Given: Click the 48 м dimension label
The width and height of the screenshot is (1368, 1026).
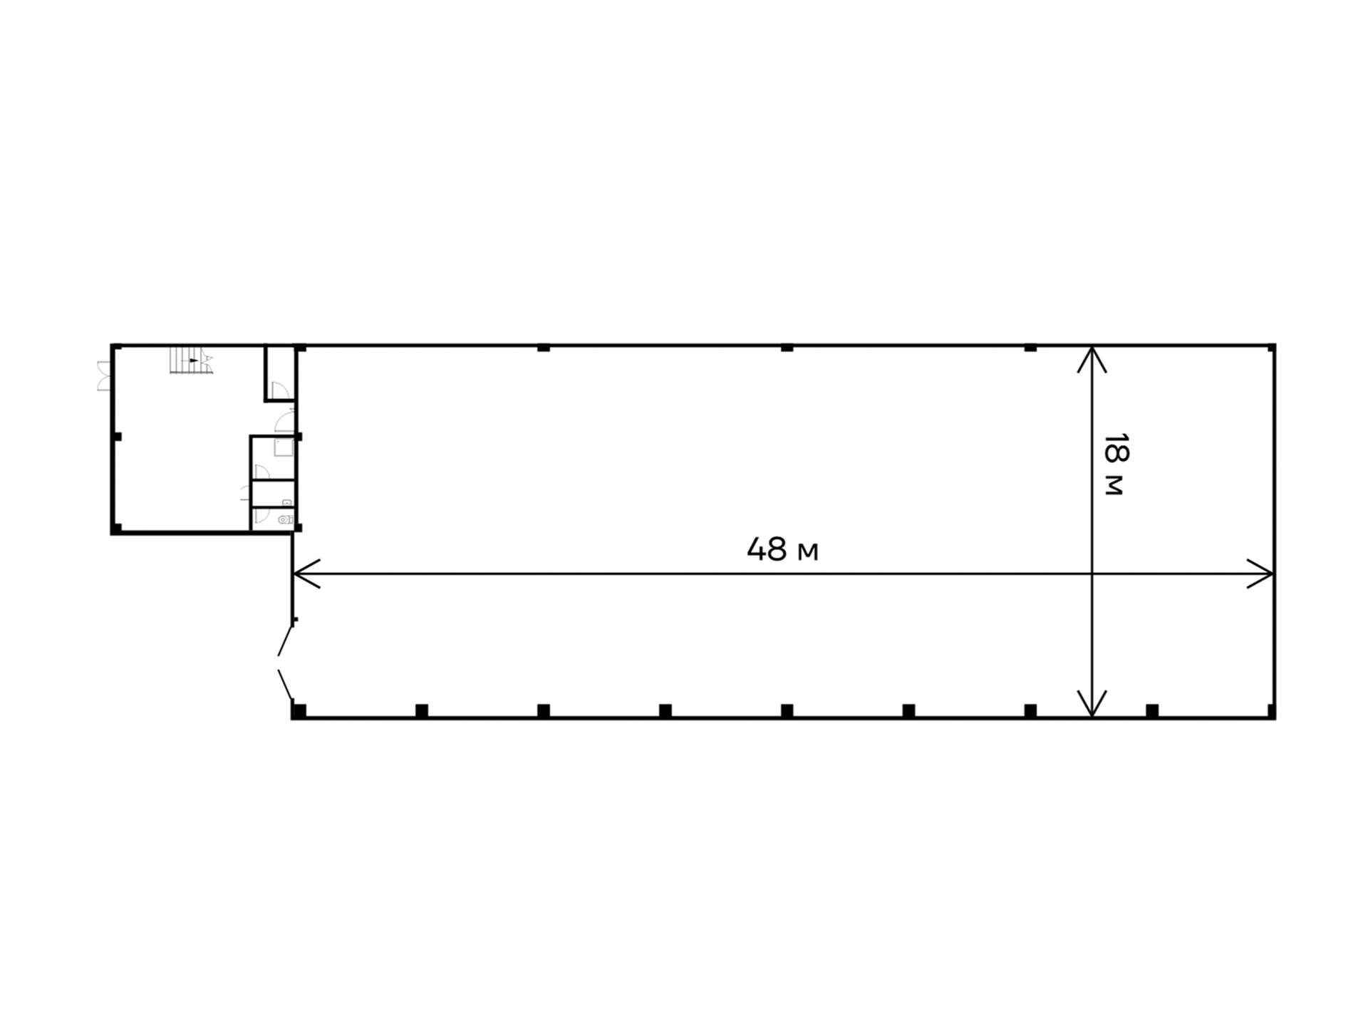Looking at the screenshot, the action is coord(782,549).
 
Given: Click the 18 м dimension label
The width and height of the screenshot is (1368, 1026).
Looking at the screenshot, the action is coord(1114,464).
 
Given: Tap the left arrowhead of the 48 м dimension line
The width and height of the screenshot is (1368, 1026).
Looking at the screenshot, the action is coord(306,573).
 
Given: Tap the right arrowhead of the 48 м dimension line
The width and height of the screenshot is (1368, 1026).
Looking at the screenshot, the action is coord(1260,573).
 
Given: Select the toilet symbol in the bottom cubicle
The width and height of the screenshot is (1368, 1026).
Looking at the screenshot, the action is coord(286,519).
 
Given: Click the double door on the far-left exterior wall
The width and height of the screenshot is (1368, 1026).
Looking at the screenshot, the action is coord(104,376).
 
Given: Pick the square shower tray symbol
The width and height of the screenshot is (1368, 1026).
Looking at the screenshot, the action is coord(284,447).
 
